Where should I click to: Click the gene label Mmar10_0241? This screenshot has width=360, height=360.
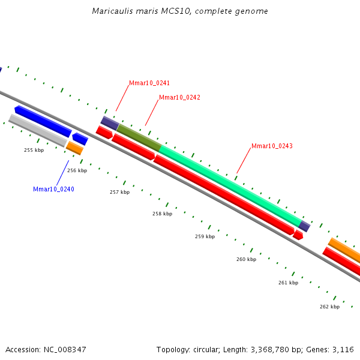point(149,83)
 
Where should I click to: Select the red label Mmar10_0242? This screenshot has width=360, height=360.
point(179,97)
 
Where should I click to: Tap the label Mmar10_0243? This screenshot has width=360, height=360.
point(272,146)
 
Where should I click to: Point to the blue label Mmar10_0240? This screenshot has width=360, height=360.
point(53,190)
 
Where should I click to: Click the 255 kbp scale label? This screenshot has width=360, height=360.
point(34,150)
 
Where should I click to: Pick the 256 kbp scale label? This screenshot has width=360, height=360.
point(77,171)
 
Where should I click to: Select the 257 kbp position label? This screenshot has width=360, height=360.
point(119,193)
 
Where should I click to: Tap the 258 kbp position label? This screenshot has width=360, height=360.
point(162,214)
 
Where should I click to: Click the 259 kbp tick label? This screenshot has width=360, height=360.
point(205,237)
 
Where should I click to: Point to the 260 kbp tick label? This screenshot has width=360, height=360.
point(246,260)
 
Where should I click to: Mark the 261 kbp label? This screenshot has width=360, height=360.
point(288,283)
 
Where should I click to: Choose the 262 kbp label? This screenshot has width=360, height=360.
point(329,307)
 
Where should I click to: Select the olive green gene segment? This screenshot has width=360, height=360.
point(139,137)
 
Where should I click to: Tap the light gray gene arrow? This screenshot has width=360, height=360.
point(38,130)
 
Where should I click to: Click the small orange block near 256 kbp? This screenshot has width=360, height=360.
point(75,148)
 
